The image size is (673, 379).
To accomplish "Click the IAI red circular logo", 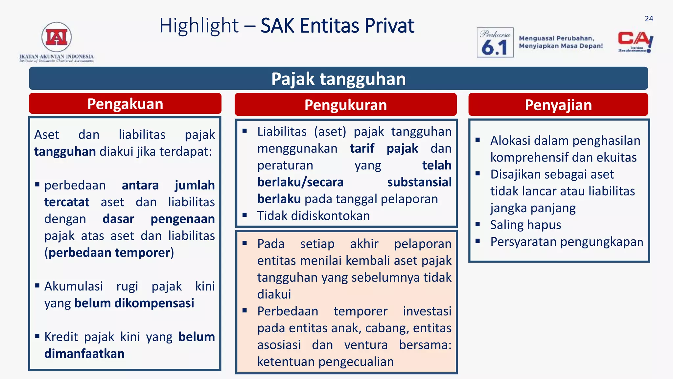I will click(x=57, y=37).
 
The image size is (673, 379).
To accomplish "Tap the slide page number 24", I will click(x=649, y=19).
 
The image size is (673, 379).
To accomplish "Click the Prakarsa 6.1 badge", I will click(x=495, y=42).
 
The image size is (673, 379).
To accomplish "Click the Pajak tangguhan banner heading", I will click(x=338, y=79).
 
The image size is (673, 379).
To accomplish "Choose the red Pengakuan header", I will click(x=125, y=104).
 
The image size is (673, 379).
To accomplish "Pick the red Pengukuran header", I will click(x=345, y=105).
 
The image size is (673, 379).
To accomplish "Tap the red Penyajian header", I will click(x=558, y=105).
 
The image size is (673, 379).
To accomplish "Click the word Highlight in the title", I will click(x=199, y=26).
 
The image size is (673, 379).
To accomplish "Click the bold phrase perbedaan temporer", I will click(x=109, y=253).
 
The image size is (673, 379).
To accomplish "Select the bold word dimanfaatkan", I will click(x=84, y=354).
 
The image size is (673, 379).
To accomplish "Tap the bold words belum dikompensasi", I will click(x=134, y=303).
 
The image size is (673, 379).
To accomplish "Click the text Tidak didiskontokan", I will click(x=313, y=216).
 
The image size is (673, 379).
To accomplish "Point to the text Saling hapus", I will click(x=525, y=225).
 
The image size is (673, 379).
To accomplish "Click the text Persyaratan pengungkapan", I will click(x=566, y=242).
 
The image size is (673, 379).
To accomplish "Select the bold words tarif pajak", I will click(x=383, y=148).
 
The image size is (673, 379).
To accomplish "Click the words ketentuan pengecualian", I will click(x=325, y=362).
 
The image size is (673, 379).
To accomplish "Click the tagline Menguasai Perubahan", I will click(x=556, y=38).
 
